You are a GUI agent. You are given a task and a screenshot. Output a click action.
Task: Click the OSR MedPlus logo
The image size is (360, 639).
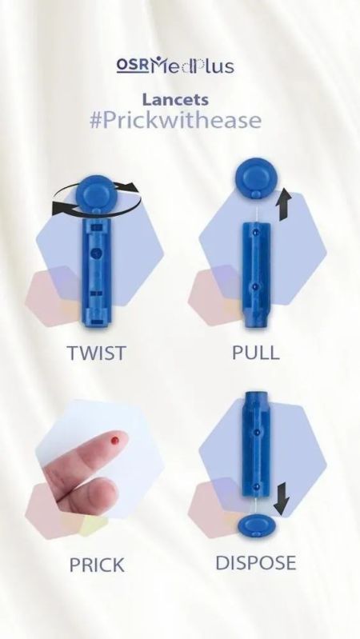(175, 66)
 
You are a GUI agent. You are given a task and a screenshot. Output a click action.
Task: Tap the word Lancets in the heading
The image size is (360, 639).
(175, 100)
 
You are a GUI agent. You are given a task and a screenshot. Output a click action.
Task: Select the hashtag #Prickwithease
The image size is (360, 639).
(175, 120)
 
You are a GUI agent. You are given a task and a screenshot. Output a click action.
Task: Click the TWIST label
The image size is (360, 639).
(96, 353)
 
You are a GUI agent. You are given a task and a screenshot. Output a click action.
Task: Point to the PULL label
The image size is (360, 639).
(256, 353)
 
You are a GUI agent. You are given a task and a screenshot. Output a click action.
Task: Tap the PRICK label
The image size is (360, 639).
(97, 565)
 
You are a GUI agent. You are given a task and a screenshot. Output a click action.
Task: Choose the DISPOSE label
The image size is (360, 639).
(256, 563)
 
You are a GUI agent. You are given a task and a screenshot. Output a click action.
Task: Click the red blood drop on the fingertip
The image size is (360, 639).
(115, 440)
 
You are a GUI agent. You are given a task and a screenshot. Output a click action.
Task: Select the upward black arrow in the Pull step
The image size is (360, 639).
(285, 205)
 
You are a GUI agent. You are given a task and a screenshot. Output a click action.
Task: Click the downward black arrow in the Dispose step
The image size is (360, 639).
(282, 498)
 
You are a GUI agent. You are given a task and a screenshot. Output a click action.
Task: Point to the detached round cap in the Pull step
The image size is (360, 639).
(256, 178)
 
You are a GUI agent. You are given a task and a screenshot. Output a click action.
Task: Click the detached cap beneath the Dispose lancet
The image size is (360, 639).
(256, 525)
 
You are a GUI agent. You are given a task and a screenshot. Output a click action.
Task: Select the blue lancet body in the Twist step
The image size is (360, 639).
(96, 272)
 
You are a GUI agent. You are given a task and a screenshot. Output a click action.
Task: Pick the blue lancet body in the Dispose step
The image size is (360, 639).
(256, 444)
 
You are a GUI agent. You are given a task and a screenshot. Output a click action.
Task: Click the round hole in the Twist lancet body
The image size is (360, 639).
(96, 253)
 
